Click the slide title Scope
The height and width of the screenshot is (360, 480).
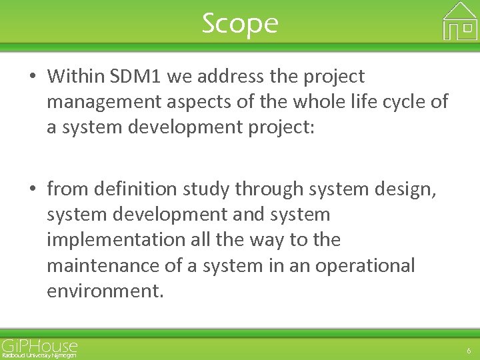[x=240, y=24]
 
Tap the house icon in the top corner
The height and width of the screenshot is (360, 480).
[x=460, y=21]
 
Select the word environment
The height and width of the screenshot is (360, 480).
[x=104, y=291]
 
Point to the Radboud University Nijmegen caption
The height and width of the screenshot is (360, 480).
[x=39, y=355]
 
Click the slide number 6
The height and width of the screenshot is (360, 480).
[x=469, y=351]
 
